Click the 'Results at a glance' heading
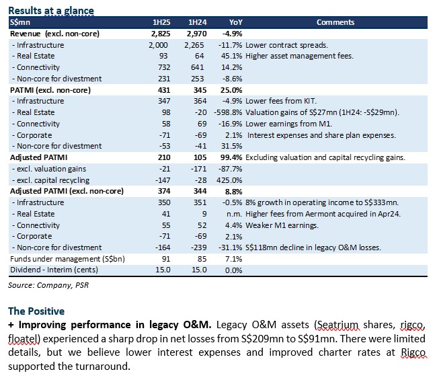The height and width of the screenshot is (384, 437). (51, 11)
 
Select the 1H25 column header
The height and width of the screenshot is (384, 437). (161, 22)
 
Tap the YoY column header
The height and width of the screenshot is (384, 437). (236, 22)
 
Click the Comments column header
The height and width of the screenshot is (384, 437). (335, 22)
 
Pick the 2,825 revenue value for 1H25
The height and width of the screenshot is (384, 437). (161, 34)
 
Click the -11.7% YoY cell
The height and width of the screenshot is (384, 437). (230, 45)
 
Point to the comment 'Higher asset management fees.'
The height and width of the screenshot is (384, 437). (299, 56)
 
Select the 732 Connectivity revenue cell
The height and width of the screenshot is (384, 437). (164, 67)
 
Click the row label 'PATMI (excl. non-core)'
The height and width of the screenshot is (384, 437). (50, 90)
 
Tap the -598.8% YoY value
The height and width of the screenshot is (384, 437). (228, 112)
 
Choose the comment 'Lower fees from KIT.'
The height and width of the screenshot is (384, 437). (281, 101)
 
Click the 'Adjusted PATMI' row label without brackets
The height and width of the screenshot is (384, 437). (39, 157)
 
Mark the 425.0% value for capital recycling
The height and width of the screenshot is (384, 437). (229, 180)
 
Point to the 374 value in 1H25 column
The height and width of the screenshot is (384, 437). (164, 191)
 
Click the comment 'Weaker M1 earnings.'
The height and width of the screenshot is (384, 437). (282, 225)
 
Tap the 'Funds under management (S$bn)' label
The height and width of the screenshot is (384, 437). (67, 259)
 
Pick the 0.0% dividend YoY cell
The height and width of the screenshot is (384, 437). (233, 270)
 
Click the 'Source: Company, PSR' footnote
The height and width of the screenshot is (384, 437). (48, 285)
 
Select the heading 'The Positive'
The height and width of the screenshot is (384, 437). (36, 311)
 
